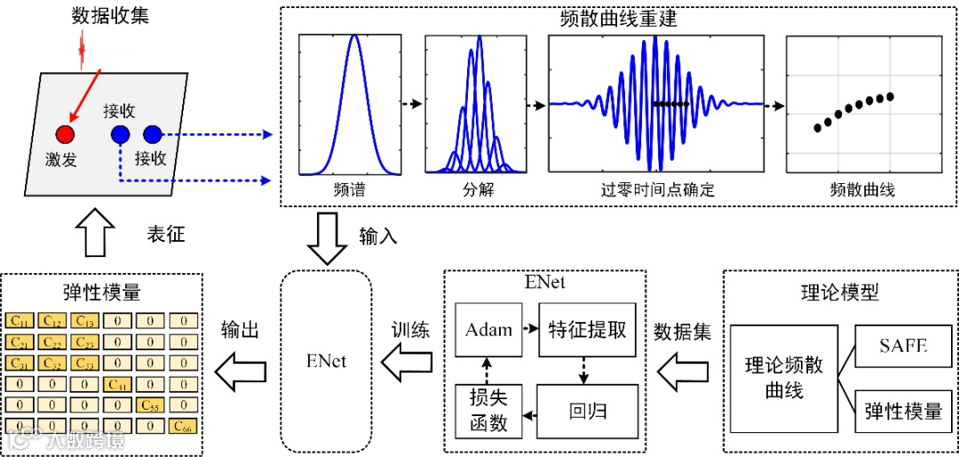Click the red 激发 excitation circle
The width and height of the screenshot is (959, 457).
pyautogui.click(x=65, y=134)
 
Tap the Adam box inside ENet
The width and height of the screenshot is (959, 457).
pyautogui.click(x=488, y=330)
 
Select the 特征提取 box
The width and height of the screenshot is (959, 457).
pyautogui.click(x=588, y=330)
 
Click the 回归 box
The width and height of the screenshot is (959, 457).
pyautogui.click(x=587, y=411)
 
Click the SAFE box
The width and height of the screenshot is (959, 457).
pyautogui.click(x=903, y=346)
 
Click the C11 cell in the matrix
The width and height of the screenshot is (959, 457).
pyautogui.click(x=19, y=321)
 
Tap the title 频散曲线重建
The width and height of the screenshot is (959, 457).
pyautogui.click(x=619, y=19)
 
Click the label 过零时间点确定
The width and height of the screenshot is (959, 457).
pyautogui.click(x=656, y=190)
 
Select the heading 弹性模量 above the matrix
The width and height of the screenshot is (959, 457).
pyautogui.click(x=100, y=293)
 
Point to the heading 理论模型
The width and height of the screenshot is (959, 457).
pyautogui.click(x=839, y=293)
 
